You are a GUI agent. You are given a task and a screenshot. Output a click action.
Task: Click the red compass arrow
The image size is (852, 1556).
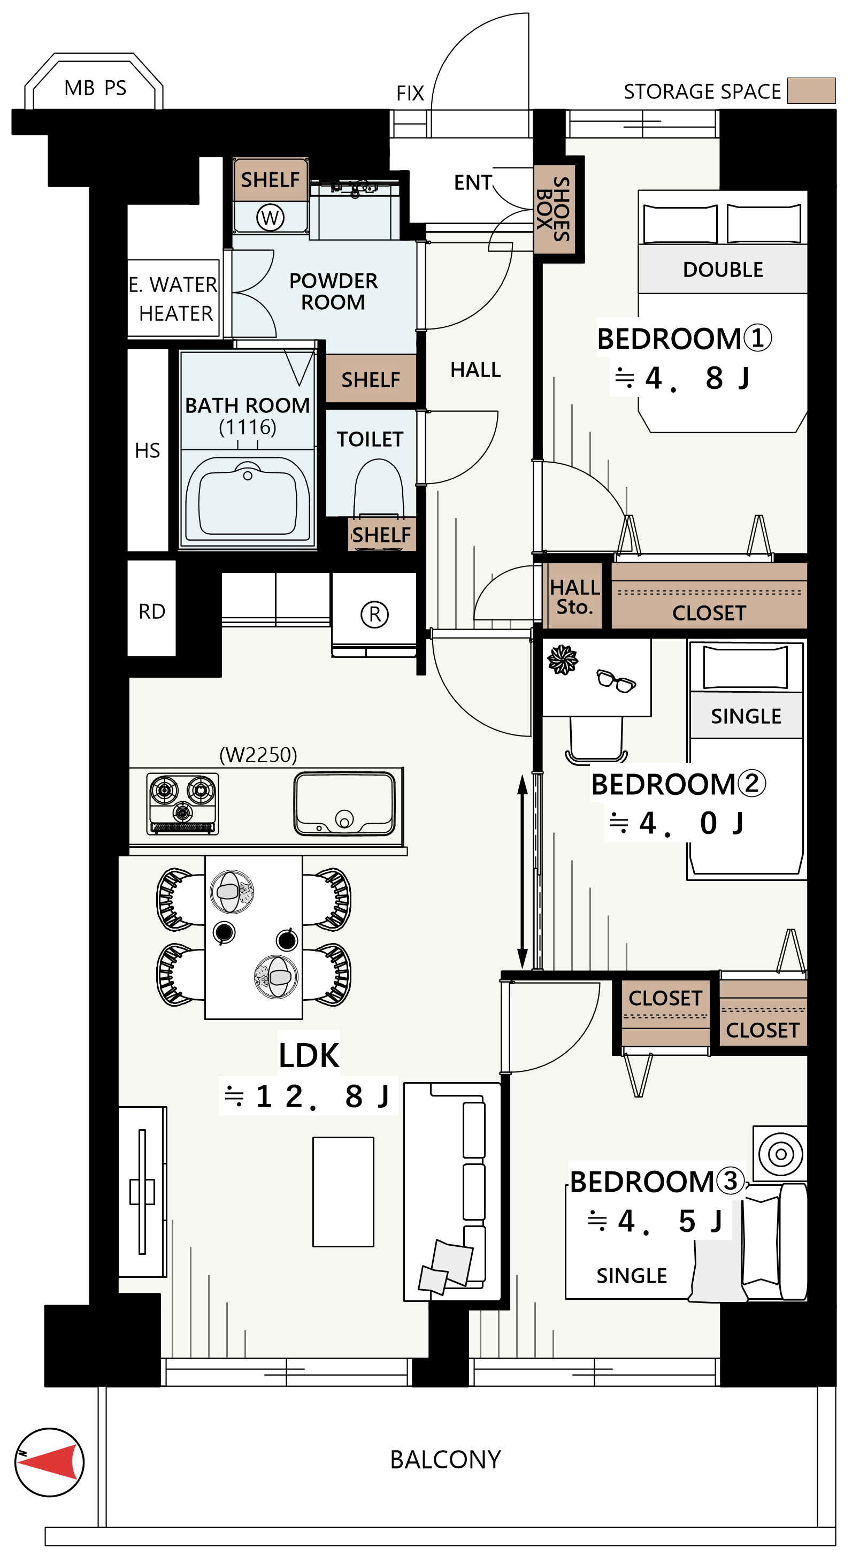pos(51,1462)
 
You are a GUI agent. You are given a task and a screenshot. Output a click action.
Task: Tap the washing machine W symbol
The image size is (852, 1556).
pos(270,218)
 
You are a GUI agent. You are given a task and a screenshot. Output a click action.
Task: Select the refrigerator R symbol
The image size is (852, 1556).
pos(374,614)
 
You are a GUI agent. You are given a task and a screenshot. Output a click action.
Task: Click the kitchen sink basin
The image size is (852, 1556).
pos(344,804)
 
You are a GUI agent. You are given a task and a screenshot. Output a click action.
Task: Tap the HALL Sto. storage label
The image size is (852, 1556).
pos(574,597)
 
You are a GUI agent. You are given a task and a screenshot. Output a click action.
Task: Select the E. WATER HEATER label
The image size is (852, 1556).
pos(173,298)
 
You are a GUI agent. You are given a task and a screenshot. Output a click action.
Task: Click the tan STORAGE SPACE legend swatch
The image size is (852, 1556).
pos(811,90)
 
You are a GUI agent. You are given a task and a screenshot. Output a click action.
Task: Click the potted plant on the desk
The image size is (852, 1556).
pos(562,659)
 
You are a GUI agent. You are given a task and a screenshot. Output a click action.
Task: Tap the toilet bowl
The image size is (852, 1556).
pos(379,488)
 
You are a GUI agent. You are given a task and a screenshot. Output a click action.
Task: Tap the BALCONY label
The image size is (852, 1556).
pos(446,1459)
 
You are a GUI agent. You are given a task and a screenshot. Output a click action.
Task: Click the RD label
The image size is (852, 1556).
pos(151,611)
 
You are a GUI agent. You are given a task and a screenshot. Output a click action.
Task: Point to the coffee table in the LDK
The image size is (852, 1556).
pos(343,1192)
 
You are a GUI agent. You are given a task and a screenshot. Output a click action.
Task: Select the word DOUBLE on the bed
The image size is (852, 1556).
pos(723,270)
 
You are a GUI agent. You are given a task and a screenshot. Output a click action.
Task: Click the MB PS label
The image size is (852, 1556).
pos(95,88)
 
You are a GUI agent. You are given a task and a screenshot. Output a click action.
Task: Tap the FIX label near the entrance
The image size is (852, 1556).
pos(410,93)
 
